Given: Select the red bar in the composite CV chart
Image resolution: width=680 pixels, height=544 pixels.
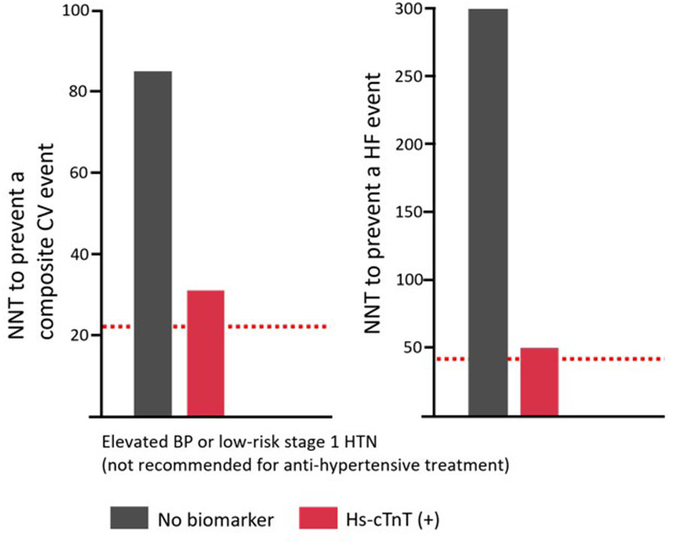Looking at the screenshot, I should click(x=205, y=353).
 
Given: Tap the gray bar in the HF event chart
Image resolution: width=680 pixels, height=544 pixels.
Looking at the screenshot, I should click(x=488, y=211).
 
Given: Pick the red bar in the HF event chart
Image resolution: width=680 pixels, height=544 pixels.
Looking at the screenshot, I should click(x=539, y=381).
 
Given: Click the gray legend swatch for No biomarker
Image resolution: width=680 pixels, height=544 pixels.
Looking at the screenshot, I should click(x=130, y=518).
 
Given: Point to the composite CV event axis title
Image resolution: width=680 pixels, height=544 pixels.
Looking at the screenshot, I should click(x=30, y=218).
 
